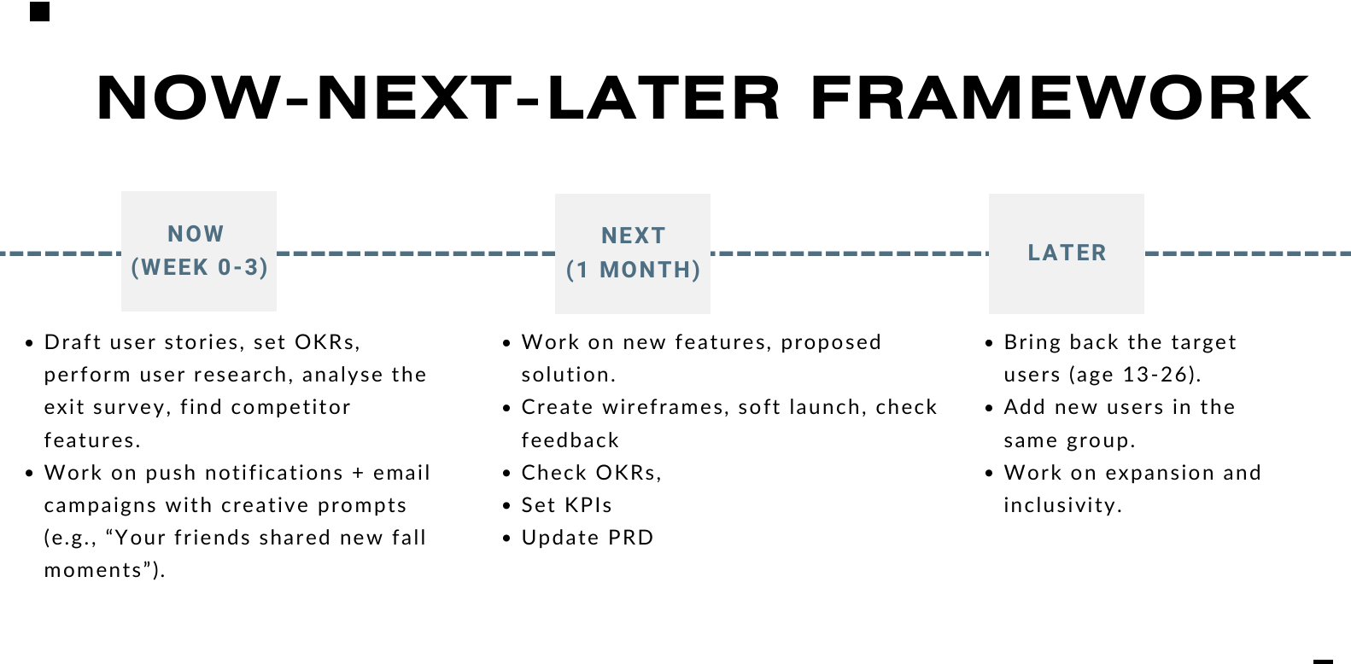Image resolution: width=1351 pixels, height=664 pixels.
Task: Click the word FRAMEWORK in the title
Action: [x=1060, y=98]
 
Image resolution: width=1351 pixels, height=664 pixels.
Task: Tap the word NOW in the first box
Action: [x=196, y=234]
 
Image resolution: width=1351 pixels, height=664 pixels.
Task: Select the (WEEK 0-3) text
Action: [x=199, y=267]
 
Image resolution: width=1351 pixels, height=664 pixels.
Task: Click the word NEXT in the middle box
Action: [x=633, y=236]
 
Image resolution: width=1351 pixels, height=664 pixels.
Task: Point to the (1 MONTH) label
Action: [x=633, y=270]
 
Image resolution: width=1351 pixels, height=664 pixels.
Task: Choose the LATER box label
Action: [x=1067, y=253]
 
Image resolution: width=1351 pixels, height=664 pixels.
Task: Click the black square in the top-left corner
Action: [x=39, y=11]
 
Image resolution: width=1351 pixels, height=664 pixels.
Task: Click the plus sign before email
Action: [x=358, y=473]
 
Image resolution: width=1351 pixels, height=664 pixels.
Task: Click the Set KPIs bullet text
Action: [x=567, y=505]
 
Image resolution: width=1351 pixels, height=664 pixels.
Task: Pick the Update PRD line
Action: [x=588, y=538]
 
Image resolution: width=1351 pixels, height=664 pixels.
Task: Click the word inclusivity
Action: [x=1061, y=505]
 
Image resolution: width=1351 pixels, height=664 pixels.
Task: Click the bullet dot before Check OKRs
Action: [x=506, y=474]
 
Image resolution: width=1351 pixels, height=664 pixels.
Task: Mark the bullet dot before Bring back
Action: [x=989, y=343]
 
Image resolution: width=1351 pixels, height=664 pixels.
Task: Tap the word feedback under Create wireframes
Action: [x=570, y=440]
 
